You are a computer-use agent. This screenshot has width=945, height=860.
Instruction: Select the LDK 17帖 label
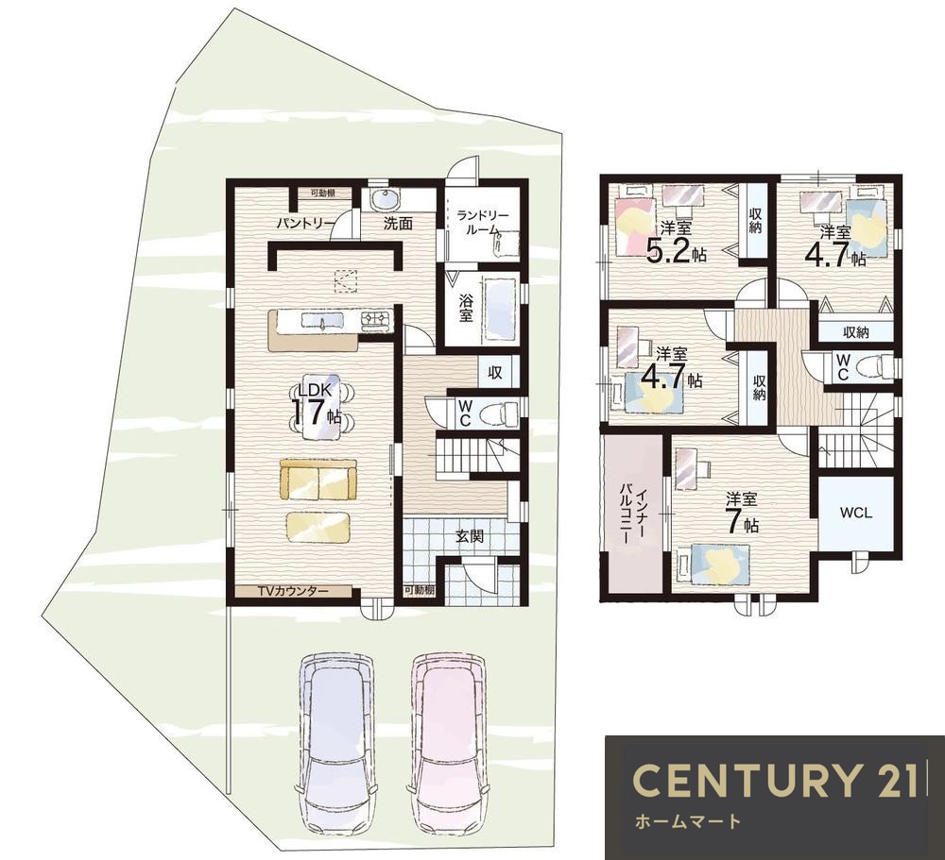pos(317,405)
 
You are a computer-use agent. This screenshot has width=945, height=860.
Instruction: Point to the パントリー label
pos(305,223)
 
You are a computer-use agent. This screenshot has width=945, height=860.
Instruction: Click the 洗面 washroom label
pos(399,223)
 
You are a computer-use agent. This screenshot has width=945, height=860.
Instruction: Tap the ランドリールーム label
pos(481,222)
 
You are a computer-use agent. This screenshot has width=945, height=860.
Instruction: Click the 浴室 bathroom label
pos(465,307)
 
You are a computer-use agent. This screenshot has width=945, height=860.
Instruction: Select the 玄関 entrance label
pos(469,535)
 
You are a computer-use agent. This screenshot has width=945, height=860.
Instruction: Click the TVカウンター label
pos(293,591)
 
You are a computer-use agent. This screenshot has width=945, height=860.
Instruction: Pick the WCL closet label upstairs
pos(856,514)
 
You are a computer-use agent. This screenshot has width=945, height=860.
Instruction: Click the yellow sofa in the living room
pos(318,480)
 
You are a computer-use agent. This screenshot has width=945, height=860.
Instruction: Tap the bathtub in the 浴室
pos(500,309)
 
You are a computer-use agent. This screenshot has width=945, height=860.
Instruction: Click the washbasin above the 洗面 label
pos(381,199)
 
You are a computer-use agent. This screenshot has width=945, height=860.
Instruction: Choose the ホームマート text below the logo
pos(687,820)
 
